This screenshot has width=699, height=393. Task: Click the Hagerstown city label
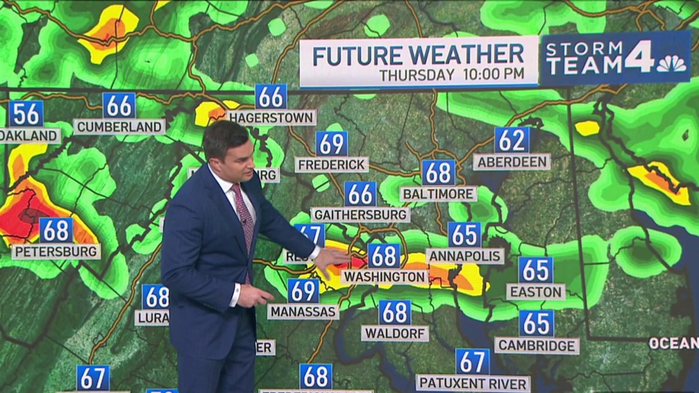coord(271,118)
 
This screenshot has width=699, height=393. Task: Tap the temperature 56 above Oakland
coord(26,114)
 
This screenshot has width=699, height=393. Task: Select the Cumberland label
coord(119,126)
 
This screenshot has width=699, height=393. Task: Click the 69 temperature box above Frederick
coord(332,143)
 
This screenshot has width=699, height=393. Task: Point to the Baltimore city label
coord(438,193)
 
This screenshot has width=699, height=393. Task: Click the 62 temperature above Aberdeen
coord(512,140)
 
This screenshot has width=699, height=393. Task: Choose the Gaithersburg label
coord(360,214)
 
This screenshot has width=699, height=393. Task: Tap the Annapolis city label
coord(465,256)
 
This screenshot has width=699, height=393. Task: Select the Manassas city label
coord(303,311)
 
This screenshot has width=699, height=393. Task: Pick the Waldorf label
coord(395,333)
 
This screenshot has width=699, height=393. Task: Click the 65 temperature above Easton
coord(535,270)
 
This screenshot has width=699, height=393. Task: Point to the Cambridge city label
coord(536,345)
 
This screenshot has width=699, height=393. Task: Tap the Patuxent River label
coord(472,383)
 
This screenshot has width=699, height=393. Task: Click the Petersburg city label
coord(56,252)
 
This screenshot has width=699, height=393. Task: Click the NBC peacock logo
coord(672,63)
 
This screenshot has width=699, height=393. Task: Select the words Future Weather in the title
coord(418,55)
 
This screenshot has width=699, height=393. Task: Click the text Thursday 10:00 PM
coord(451,75)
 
